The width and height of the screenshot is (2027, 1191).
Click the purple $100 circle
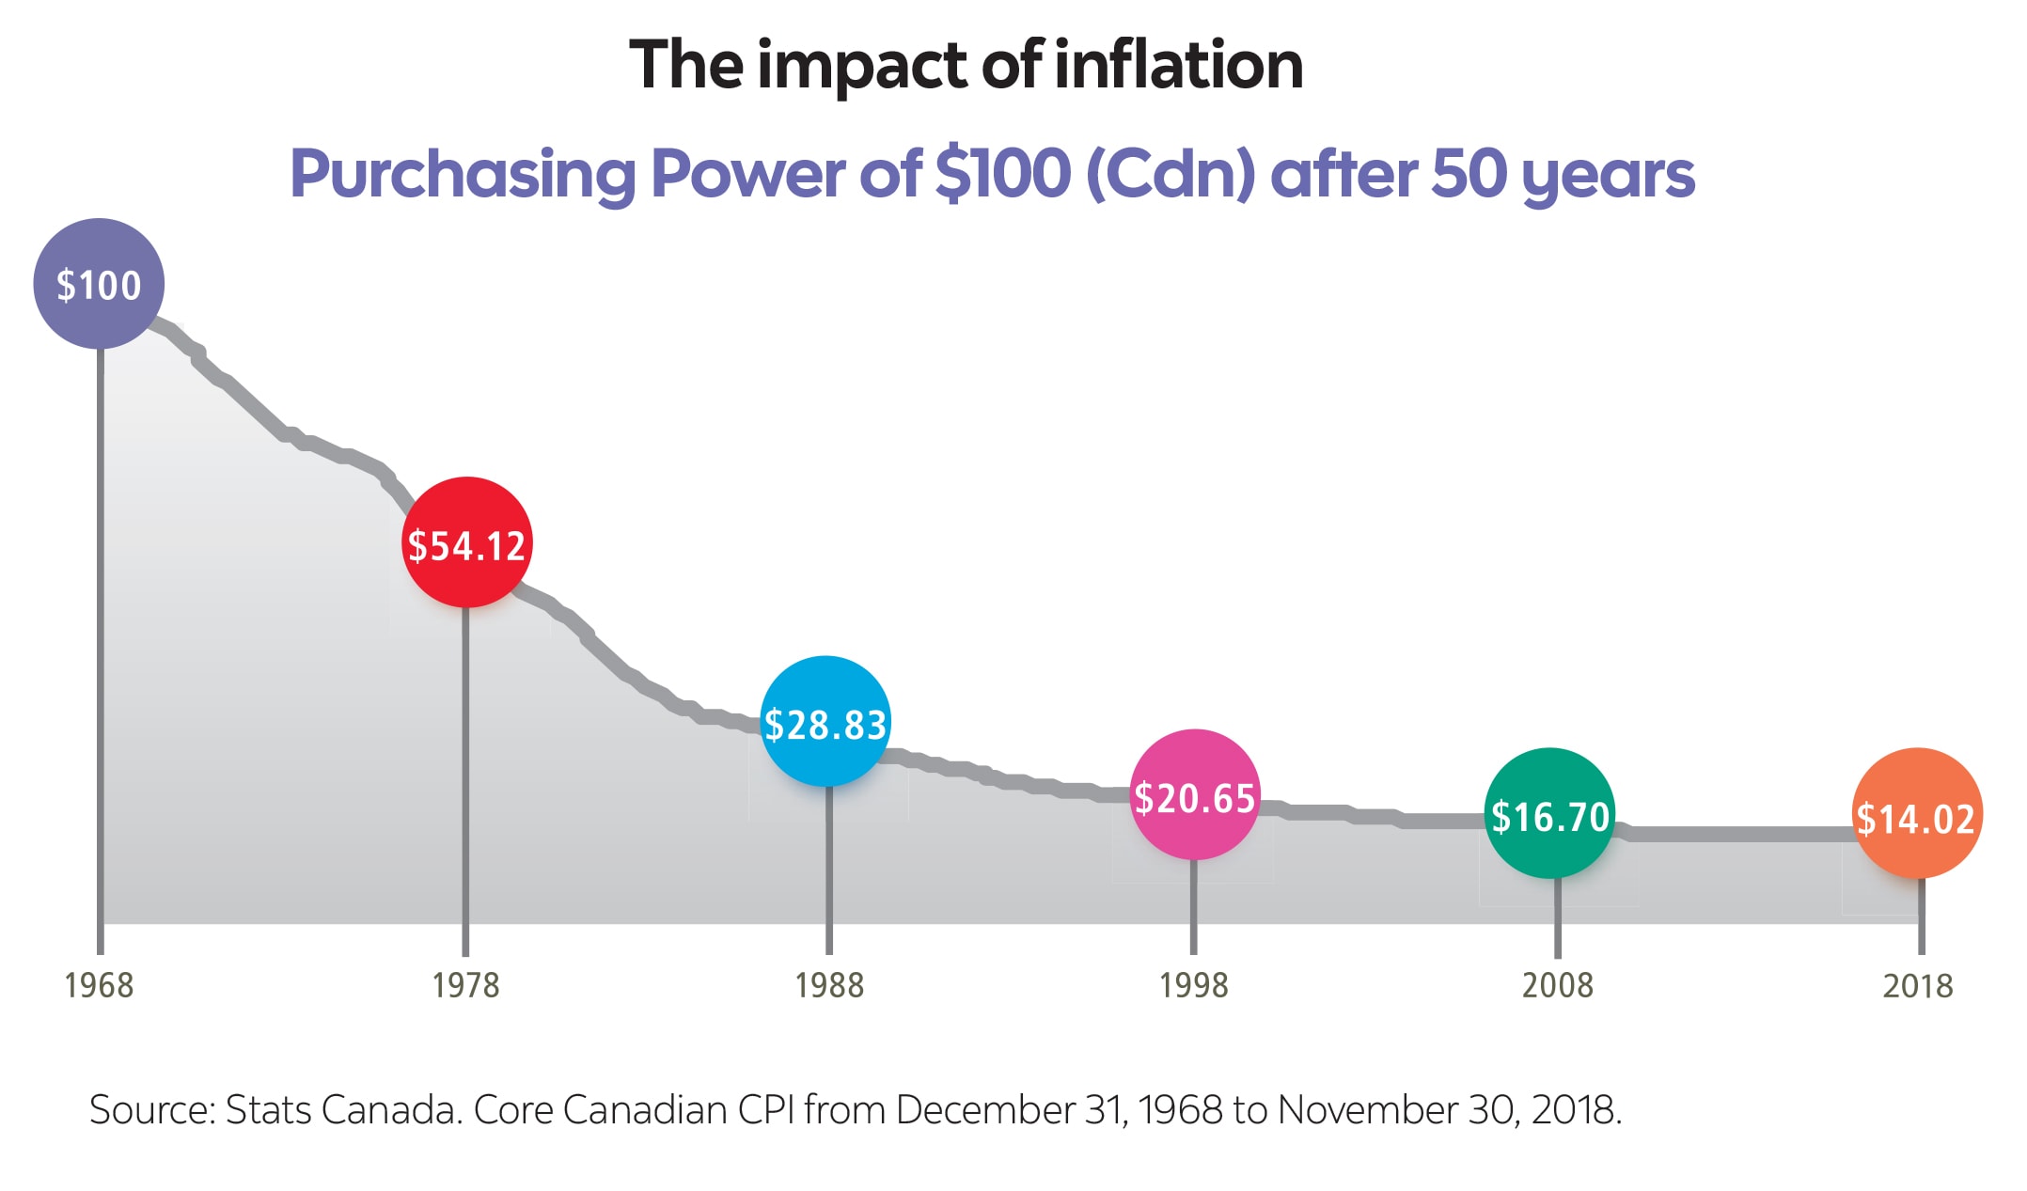tap(99, 284)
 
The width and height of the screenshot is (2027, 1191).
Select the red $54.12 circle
tap(466, 543)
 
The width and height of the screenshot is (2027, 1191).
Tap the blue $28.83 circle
tap(825, 722)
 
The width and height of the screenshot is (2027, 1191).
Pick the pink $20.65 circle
tap(1194, 795)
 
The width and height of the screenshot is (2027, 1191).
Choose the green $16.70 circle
tap(1549, 814)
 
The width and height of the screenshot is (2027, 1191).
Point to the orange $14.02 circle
tap(1916, 814)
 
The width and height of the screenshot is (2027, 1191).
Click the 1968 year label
tap(99, 985)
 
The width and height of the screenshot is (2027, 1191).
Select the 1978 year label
tap(465, 985)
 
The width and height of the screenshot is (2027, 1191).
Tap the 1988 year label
tap(828, 985)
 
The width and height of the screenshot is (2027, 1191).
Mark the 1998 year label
tap(1193, 985)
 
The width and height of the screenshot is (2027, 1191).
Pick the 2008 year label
tap(1557, 985)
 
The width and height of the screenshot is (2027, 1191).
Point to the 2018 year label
tap(1918, 985)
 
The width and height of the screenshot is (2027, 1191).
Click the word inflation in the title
tap(1179, 65)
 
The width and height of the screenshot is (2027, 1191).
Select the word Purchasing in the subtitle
tap(463, 175)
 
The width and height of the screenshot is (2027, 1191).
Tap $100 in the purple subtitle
tap(1002, 173)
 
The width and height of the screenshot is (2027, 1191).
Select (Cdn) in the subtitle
tap(1170, 175)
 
